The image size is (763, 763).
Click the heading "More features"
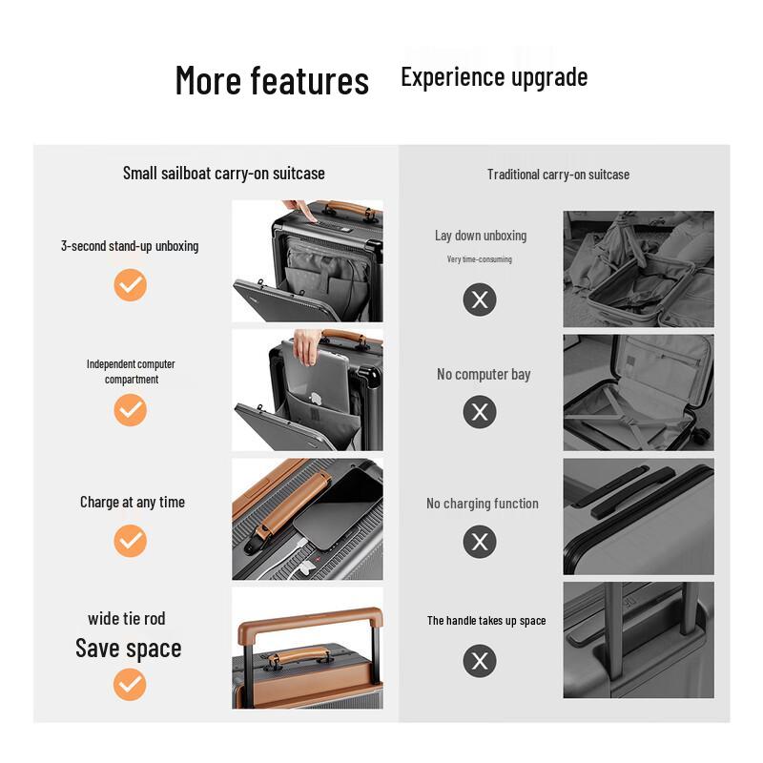coord(272,81)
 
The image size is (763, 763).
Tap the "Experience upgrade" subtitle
coord(494,77)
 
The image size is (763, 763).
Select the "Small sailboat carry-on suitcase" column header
coord(224,173)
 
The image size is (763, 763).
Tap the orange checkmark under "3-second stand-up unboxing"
coord(130,284)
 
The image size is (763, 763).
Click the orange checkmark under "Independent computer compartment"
coord(130,409)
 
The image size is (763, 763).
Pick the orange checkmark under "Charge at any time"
coord(130,541)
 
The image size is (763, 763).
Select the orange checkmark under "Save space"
coord(130,684)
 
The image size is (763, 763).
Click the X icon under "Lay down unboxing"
coord(480,300)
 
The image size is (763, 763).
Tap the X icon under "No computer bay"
coord(480,412)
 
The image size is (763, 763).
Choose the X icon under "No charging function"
coord(480,542)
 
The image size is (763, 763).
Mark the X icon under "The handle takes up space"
coord(480,660)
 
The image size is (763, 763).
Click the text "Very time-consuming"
coord(480,259)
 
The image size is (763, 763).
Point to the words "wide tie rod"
coord(127,619)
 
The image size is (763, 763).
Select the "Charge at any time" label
coord(133,502)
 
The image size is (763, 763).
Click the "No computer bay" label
coord(484,374)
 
